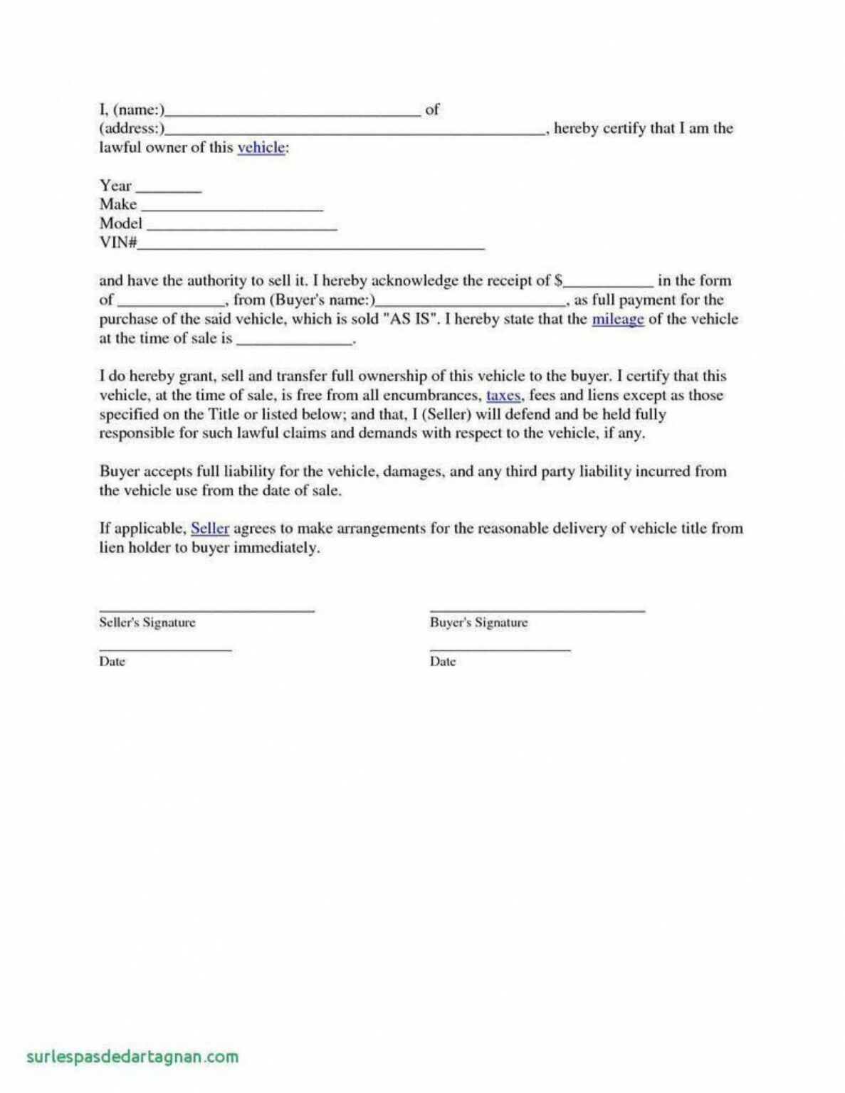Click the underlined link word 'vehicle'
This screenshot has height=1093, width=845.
click(261, 147)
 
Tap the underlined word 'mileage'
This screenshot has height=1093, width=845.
click(617, 319)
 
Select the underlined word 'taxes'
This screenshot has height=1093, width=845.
click(503, 395)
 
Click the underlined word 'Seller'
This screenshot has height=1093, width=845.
click(210, 528)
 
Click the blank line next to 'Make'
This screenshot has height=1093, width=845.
click(232, 207)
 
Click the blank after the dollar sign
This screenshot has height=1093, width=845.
click(608, 283)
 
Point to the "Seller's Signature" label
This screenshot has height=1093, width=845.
click(147, 623)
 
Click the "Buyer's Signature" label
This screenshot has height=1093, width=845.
click(478, 623)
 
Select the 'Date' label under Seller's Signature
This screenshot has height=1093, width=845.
click(112, 661)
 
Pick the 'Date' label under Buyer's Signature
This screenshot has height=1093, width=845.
click(443, 661)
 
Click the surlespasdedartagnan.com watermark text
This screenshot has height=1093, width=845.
click(132, 1056)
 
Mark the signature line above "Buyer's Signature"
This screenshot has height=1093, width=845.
click(537, 610)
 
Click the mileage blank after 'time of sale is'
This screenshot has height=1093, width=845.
click(294, 341)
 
